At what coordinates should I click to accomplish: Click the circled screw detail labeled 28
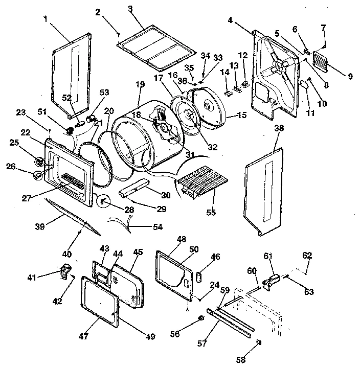[103, 201]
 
